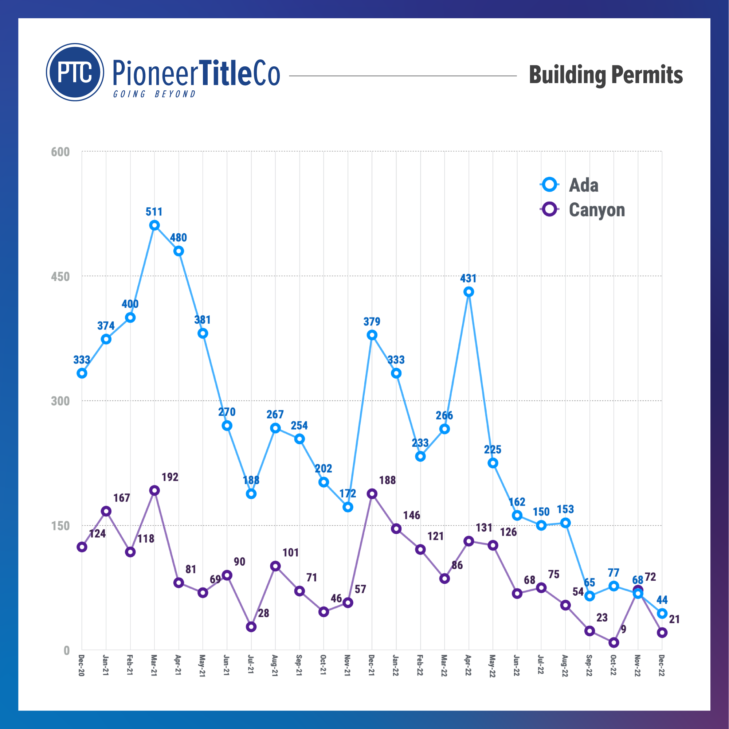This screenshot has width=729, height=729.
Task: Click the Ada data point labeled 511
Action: [x=154, y=225]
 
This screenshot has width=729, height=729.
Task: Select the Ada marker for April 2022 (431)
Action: [x=468, y=292]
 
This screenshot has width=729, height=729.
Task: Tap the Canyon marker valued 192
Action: [x=154, y=490]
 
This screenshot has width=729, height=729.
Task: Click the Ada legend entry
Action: [x=583, y=185]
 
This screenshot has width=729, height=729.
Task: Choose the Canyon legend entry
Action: [x=596, y=210]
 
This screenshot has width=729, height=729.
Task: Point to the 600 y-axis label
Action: [x=60, y=152]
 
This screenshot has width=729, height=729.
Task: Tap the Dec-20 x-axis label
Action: [x=82, y=666]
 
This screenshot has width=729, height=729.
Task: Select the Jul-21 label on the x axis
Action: [x=251, y=665]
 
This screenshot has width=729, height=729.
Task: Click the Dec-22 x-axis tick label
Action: [x=662, y=666]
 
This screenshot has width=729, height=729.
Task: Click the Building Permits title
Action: [x=605, y=75]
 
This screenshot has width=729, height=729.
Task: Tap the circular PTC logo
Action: [x=75, y=72]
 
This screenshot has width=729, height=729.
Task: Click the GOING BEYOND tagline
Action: [x=154, y=94]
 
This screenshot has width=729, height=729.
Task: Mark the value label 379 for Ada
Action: [x=372, y=321]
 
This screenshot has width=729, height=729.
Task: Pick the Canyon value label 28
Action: [x=263, y=613]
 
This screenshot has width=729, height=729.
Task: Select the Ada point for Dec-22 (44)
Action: [x=662, y=613]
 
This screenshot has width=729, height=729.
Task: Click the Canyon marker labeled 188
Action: [x=372, y=494]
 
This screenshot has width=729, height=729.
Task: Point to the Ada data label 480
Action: [x=178, y=237]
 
